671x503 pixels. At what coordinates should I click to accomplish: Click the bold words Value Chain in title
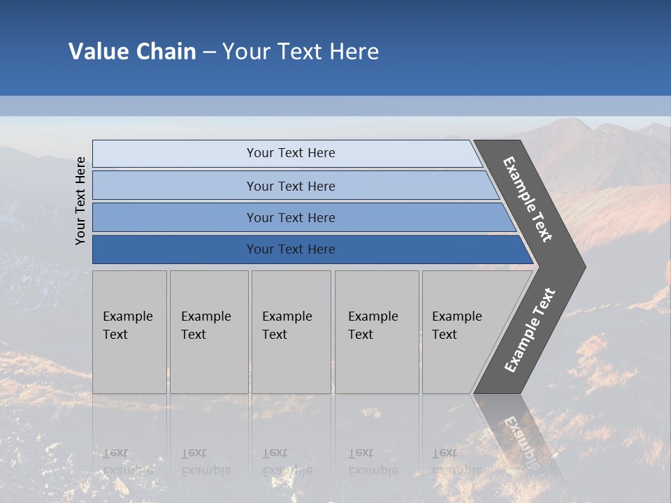click(x=132, y=52)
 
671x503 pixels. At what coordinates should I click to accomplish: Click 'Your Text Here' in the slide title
click(x=301, y=52)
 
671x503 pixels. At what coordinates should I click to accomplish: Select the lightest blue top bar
click(x=175, y=154)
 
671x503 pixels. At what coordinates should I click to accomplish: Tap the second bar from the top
click(x=175, y=186)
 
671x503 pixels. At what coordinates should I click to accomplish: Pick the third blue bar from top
click(x=175, y=217)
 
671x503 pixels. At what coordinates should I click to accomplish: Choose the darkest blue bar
click(x=175, y=249)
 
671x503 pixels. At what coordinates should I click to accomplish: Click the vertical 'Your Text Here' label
click(x=80, y=201)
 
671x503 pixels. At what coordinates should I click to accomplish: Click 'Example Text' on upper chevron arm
click(x=528, y=199)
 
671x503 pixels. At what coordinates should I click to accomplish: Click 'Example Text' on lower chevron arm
click(x=529, y=330)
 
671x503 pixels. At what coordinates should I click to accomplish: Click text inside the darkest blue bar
click(x=291, y=249)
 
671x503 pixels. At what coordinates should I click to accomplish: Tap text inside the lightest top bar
click(x=291, y=153)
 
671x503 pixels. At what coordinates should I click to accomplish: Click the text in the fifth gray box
click(x=456, y=326)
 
